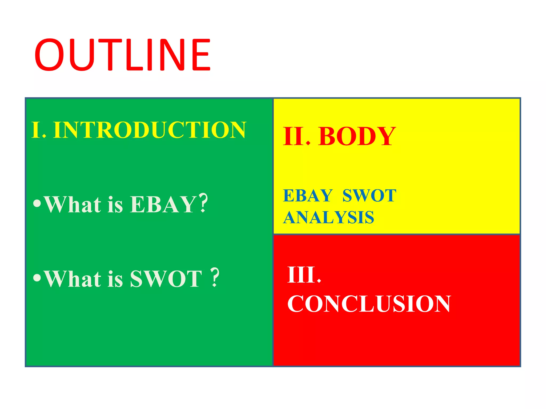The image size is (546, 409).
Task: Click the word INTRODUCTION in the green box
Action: [x=149, y=130]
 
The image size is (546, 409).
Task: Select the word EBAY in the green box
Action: [x=163, y=204]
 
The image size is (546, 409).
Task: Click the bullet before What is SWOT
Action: [x=37, y=278]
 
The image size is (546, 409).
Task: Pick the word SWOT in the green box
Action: [x=166, y=279]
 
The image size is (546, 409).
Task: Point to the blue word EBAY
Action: [x=308, y=196]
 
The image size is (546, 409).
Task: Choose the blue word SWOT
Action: [x=369, y=196]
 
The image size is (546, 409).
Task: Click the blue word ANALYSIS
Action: [x=328, y=217]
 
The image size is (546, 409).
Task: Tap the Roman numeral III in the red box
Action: [x=301, y=275]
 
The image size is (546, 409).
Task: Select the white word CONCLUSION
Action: [x=369, y=304]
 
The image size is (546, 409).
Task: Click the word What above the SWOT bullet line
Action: [x=73, y=279]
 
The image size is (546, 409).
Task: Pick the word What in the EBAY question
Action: [x=73, y=204]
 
